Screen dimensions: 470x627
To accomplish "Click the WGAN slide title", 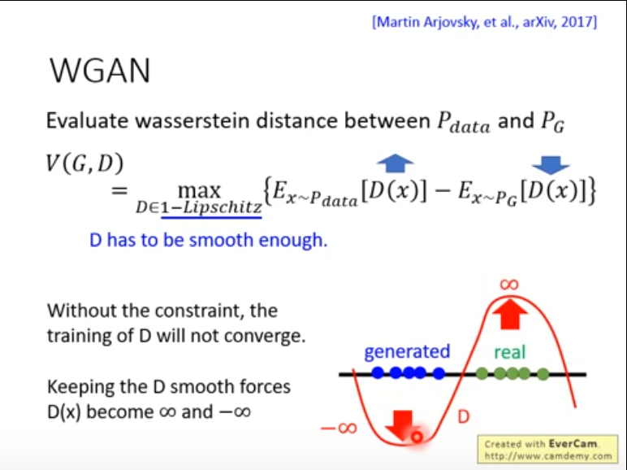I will (100, 71).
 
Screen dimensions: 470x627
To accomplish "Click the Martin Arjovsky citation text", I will (485, 21).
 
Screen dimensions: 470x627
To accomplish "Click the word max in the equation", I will (198, 191).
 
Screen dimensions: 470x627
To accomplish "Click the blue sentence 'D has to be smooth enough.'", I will (208, 241).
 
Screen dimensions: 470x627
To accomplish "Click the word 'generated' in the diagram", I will (407, 351).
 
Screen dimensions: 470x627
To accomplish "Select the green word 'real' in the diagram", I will (509, 352).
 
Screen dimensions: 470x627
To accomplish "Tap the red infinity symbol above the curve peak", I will (508, 284).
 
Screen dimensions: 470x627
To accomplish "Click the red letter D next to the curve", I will (462, 418).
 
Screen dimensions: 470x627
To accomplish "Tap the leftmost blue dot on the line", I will (378, 374).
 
